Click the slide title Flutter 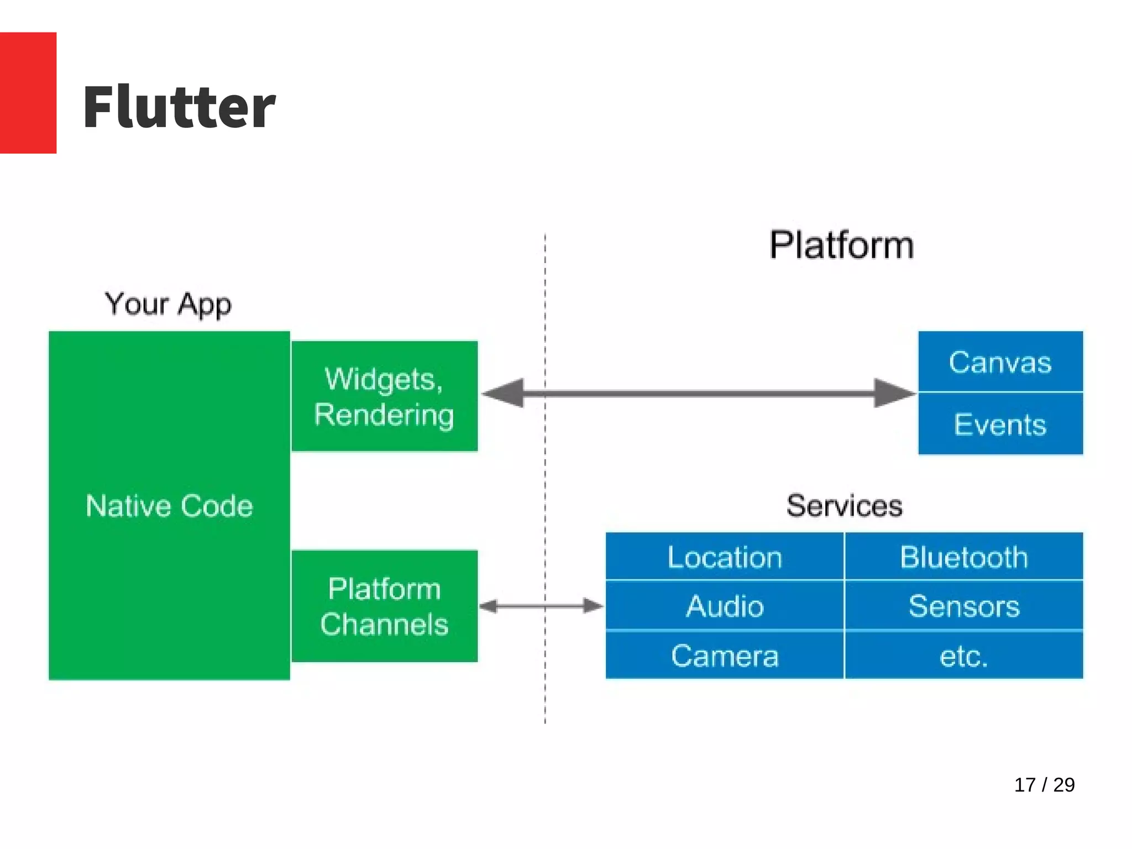coord(179,107)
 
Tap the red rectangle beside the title coord(28,92)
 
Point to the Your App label coord(168,304)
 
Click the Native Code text coord(169,506)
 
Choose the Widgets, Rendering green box coord(384,396)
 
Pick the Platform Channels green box coord(384,606)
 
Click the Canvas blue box coord(1000,362)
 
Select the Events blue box coord(1000,424)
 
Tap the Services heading coord(844,506)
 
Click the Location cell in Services coord(725,557)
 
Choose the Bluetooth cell coord(963,557)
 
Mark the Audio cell coord(725,606)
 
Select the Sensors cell coord(963,606)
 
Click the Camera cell coord(725,656)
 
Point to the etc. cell coord(963,656)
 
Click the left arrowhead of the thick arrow coord(504,394)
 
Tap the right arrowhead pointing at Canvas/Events coord(893,394)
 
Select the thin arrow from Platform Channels coord(541,606)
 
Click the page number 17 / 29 coord(1044,785)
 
